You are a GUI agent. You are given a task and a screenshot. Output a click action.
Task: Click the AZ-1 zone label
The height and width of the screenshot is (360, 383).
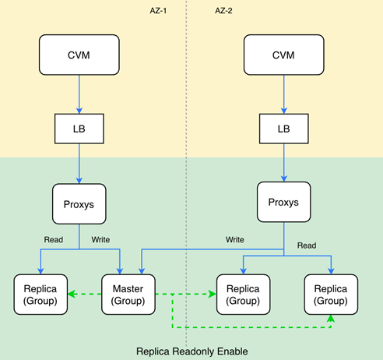[x=158, y=11]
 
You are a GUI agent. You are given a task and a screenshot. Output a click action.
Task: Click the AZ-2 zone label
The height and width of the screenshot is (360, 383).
[x=223, y=11]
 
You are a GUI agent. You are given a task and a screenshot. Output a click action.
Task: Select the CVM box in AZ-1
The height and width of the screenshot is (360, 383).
[x=79, y=55]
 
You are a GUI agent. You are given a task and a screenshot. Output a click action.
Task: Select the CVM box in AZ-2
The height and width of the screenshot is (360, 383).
[x=284, y=55]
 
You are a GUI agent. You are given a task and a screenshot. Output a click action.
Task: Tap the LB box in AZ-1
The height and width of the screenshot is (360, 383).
[x=79, y=129]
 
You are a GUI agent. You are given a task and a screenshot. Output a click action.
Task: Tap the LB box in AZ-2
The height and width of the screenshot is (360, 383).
[x=284, y=129]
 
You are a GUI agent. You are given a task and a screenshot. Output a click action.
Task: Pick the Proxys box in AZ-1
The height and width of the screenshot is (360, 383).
[x=79, y=204]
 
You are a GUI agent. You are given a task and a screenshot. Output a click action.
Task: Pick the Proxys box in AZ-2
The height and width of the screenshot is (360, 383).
[x=284, y=202]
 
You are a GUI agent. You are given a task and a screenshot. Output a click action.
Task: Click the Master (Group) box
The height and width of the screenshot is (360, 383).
[x=128, y=295]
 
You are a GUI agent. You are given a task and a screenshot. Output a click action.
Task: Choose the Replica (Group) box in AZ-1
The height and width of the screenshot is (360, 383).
[x=40, y=295]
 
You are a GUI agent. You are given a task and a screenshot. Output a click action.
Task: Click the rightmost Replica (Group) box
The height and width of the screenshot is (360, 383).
[x=331, y=295]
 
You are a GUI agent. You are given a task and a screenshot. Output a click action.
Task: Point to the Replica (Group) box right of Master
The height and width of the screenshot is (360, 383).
[x=244, y=295]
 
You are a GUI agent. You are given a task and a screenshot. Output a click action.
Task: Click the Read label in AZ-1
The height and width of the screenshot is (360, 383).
[x=54, y=239]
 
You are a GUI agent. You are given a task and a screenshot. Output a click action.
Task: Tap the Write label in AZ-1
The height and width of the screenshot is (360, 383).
[x=100, y=239]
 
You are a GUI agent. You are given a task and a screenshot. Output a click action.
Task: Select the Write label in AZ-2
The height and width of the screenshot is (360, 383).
[x=234, y=239]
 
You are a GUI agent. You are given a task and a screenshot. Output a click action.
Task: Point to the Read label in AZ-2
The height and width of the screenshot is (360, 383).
[x=307, y=245]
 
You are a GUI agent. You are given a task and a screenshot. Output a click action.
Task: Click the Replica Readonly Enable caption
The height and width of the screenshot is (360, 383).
[x=192, y=351]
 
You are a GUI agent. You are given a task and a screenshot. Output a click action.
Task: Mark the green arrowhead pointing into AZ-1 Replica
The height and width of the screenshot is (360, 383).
[x=72, y=294]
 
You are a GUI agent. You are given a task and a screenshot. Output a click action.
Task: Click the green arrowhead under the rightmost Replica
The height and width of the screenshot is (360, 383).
[x=331, y=318]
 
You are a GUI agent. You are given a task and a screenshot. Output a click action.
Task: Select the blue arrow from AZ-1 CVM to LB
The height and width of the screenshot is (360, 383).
[x=79, y=94]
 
